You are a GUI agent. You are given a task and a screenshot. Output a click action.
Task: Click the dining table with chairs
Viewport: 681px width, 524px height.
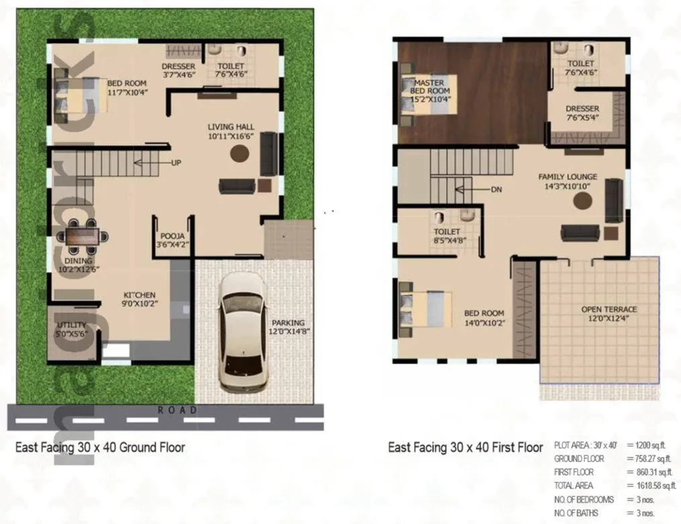(85, 236)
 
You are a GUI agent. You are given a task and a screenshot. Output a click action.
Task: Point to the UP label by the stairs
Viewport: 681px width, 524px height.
(176, 163)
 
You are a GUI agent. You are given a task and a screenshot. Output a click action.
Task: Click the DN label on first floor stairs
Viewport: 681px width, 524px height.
(496, 189)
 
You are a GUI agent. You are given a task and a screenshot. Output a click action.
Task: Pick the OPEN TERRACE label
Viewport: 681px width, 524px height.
(609, 310)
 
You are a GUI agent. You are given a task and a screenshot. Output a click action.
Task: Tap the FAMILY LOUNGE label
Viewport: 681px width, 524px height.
(568, 177)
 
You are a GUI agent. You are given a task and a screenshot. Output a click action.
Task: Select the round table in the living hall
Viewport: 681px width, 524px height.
(240, 153)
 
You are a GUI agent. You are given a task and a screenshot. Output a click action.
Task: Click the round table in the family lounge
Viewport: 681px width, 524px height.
(582, 201)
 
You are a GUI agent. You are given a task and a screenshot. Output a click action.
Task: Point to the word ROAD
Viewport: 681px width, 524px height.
(177, 410)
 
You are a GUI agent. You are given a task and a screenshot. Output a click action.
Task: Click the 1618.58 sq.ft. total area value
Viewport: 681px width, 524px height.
(651, 485)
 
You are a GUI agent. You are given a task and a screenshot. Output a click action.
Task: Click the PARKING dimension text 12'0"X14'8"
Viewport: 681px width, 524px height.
(289, 331)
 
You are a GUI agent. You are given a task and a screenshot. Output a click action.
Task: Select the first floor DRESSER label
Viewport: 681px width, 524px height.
(582, 109)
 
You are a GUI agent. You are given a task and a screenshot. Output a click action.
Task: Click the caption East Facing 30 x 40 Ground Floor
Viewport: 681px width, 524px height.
(100, 447)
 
